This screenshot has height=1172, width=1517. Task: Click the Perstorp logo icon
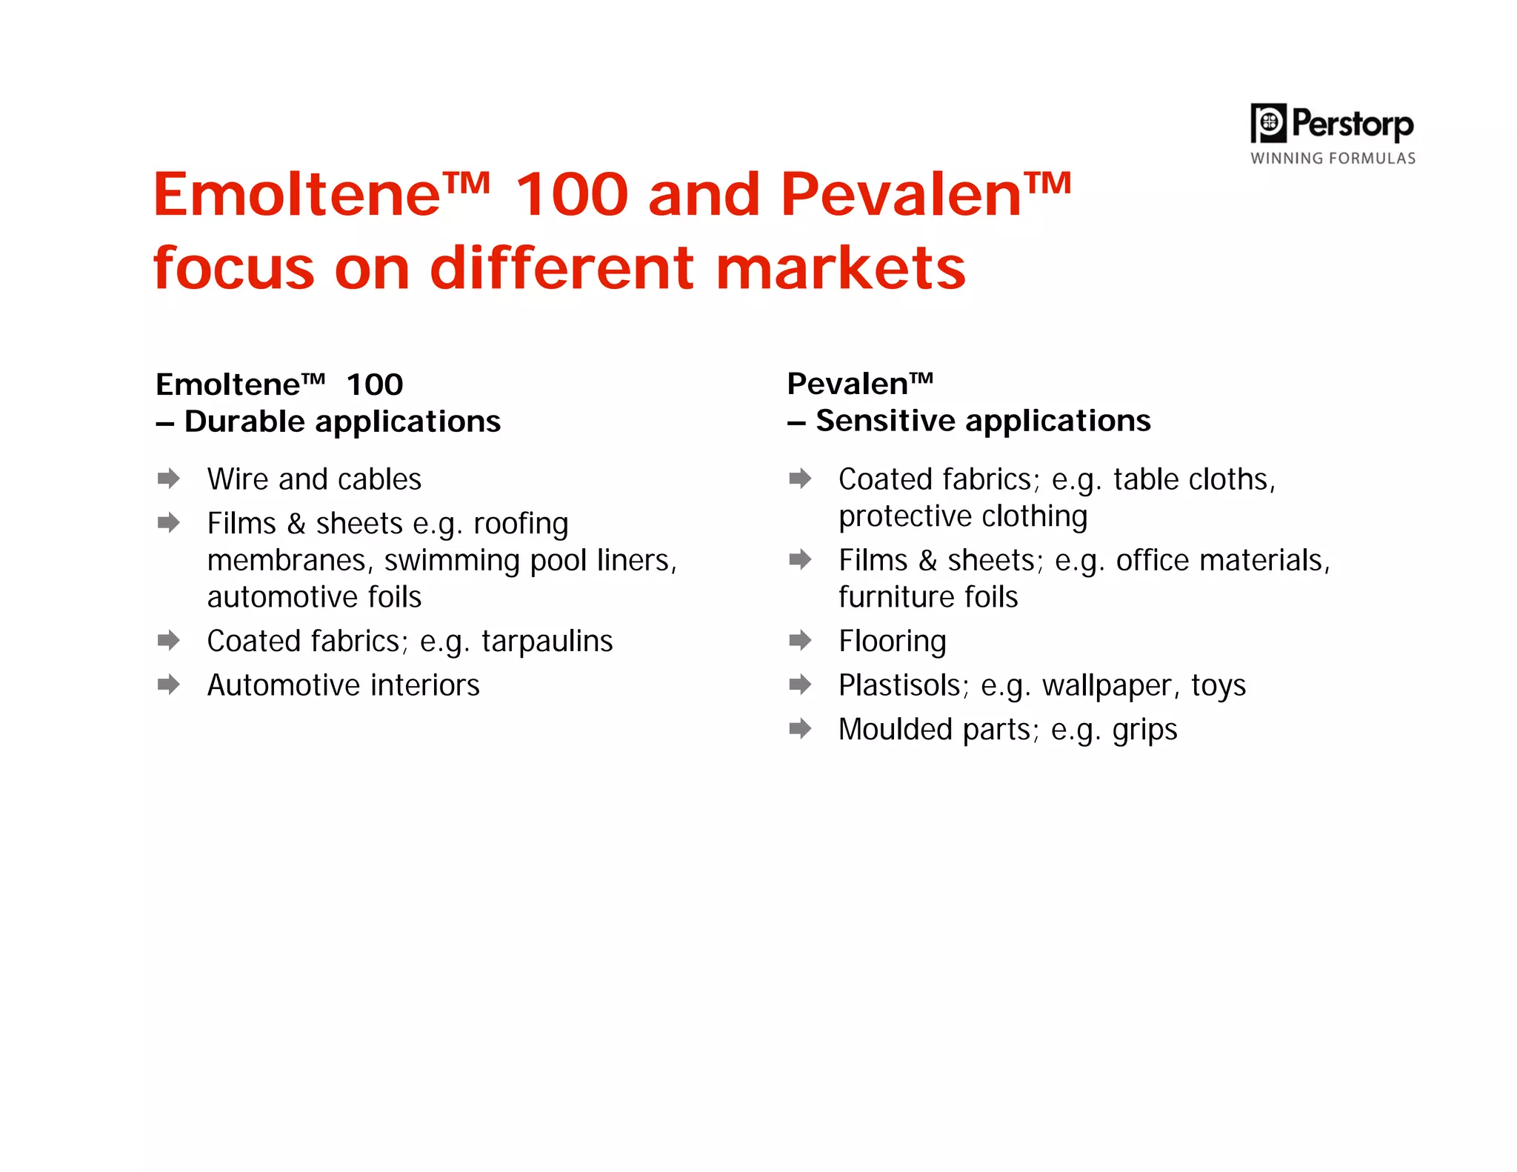[x=1268, y=122]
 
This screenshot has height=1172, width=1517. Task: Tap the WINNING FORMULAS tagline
[x=1333, y=158]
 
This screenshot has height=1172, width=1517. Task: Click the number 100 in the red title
[x=571, y=194]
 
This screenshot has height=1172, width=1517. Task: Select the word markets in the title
[x=841, y=267]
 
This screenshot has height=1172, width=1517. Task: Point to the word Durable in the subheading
[x=244, y=422]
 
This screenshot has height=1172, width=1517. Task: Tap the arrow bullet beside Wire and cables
[x=169, y=479]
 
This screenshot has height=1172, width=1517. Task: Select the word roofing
[x=521, y=525]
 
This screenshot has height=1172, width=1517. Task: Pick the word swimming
[x=452, y=562]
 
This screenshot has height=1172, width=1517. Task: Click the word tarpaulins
[x=547, y=642]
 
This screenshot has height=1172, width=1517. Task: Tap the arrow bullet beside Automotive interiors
[x=169, y=684]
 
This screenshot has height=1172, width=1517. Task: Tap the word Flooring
[x=892, y=642]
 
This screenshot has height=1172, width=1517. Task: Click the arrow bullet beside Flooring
[x=800, y=640]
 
